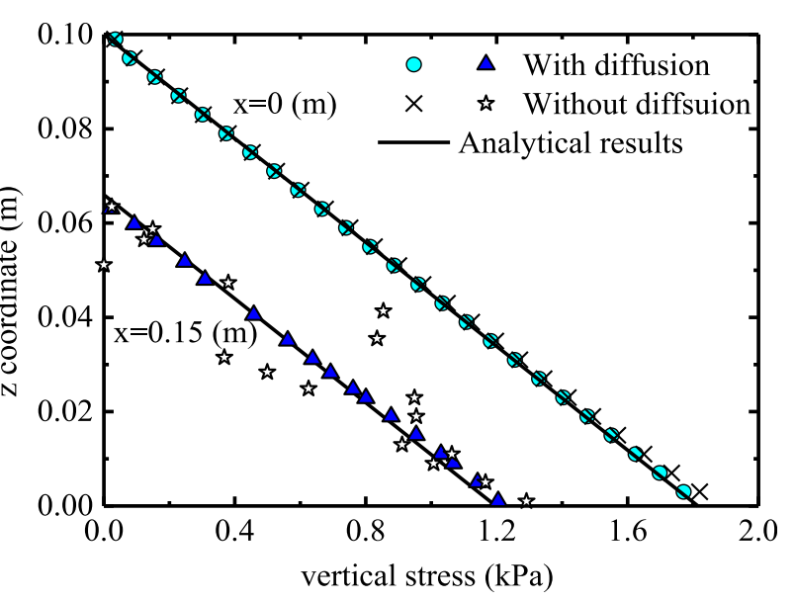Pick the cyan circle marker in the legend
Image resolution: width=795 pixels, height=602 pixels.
[x=415, y=66]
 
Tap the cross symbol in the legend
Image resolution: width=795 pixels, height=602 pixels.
[x=415, y=103]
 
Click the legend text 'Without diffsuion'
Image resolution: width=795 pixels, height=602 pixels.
[x=636, y=103]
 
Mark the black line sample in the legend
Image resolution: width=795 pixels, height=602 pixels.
[x=414, y=142]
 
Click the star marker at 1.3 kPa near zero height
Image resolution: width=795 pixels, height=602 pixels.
[x=526, y=501]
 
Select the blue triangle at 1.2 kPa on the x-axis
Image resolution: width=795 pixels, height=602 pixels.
[x=497, y=500]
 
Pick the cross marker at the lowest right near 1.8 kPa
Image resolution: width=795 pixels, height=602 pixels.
[x=699, y=492]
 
